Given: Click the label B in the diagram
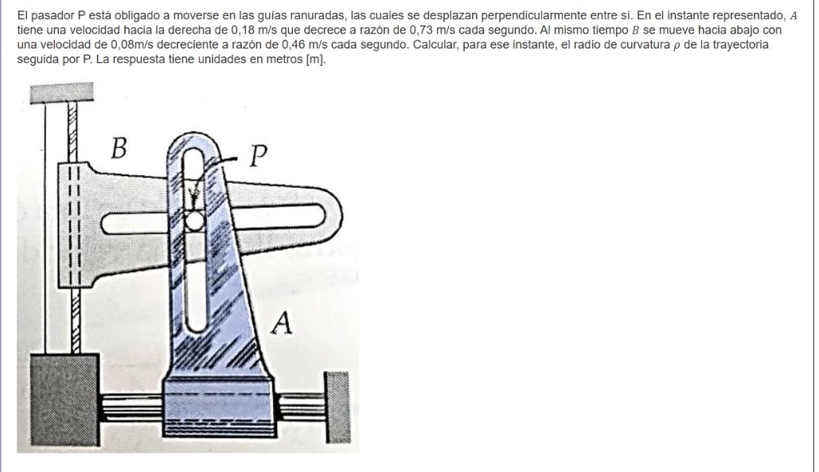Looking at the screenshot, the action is (119, 148).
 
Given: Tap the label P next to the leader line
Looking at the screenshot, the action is (258, 155).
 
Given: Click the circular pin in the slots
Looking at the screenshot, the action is (193, 221).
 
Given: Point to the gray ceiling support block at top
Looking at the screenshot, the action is (61, 93).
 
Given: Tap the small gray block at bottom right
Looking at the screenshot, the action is (337, 408).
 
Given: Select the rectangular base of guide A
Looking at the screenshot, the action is (220, 408).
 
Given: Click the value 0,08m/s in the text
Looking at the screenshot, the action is (132, 45).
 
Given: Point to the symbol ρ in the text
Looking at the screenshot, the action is (677, 45).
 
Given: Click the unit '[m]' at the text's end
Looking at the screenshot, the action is (315, 59).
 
